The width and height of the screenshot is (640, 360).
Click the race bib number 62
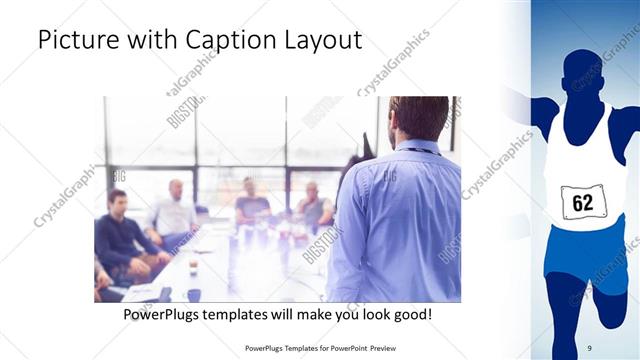coord(583,203)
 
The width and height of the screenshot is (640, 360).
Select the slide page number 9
coord(590,347)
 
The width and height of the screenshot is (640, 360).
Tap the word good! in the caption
coord(410,314)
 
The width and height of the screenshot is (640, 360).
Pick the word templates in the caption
coord(247,314)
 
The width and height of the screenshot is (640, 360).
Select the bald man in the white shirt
coord(174,210)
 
